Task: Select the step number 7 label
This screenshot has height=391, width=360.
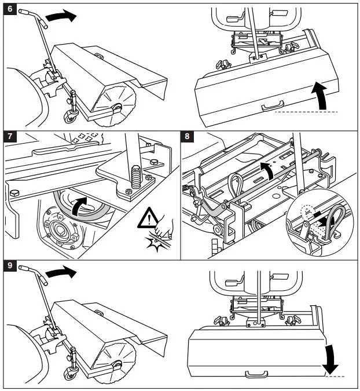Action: coord(9,138)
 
